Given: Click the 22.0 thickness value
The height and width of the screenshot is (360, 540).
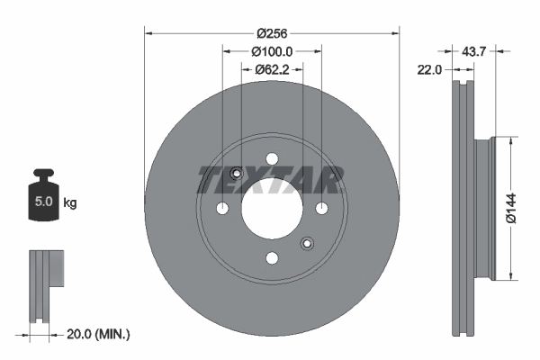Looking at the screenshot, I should [x=428, y=69].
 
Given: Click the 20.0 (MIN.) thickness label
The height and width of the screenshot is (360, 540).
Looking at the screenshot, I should [x=99, y=334].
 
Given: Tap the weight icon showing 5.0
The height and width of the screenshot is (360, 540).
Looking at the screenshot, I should [x=43, y=193].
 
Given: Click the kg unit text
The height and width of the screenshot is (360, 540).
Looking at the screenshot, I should [x=70, y=203].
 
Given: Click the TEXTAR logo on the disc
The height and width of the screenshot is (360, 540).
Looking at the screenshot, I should [x=271, y=180].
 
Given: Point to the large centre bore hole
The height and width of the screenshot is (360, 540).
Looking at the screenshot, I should [x=271, y=209].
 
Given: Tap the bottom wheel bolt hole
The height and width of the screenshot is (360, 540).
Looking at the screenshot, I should [x=271, y=258].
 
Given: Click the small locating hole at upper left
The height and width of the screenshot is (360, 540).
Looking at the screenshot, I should [x=237, y=175].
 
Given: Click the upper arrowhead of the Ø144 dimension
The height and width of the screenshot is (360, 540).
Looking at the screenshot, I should [x=511, y=139].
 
